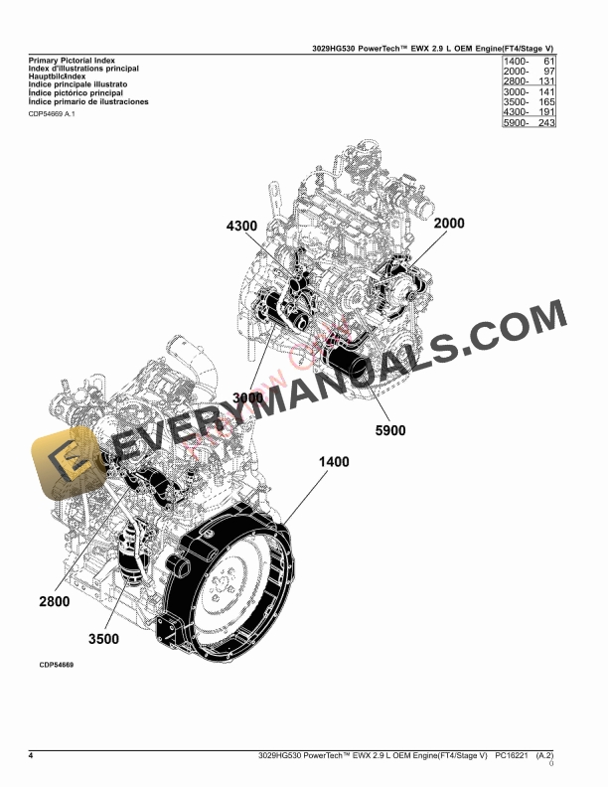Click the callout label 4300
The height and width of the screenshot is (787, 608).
tap(241, 227)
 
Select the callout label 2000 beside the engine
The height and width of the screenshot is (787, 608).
tap(449, 224)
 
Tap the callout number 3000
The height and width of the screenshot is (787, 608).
tap(249, 398)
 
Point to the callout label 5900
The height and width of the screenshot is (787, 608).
tap(389, 431)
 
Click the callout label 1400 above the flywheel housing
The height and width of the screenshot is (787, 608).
tap(334, 462)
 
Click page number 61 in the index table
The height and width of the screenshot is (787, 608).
tap(547, 63)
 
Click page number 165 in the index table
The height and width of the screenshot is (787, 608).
tap(544, 102)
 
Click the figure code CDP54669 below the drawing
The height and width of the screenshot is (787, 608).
tap(57, 665)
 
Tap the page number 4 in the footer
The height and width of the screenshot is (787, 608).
tap(32, 757)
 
